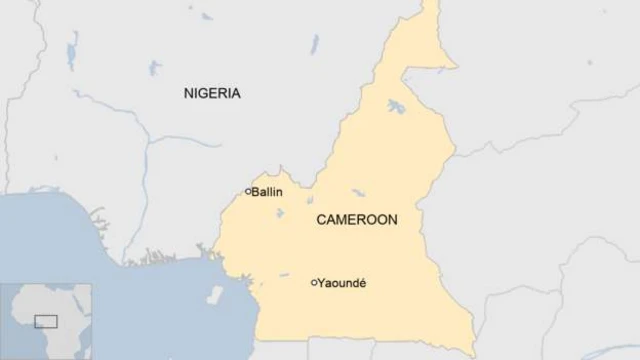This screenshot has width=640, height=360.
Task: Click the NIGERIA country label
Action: tap(212, 93)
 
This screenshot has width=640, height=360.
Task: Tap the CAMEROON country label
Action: tap(357, 220)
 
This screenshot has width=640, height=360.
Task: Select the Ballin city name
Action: tap(267, 191)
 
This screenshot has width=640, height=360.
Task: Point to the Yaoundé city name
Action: tap(343, 283)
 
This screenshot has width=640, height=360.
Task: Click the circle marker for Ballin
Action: tap(248, 191)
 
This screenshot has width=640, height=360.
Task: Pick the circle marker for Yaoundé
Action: tap(314, 283)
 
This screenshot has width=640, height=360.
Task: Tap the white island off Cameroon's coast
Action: tap(215, 295)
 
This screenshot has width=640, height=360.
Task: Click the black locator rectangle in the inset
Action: tap(46, 321)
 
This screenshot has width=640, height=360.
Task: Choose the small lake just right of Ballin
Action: tap(281, 213)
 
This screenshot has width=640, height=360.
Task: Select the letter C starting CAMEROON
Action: tap(321, 220)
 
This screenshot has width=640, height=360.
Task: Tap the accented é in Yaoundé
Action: tap(362, 283)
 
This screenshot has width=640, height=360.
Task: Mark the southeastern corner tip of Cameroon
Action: tap(471, 352)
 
